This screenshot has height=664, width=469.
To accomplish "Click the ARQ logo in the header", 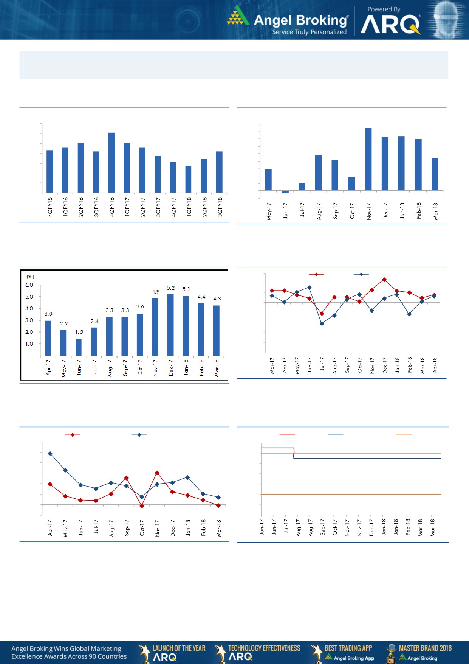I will tap(390, 25).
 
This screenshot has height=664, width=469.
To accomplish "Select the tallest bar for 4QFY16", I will tap(111, 163).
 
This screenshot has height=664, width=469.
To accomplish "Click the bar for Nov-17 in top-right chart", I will tap(368, 159).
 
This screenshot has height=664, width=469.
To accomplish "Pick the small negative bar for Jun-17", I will tap(285, 192).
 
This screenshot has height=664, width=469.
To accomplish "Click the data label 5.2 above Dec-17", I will tap(171, 288).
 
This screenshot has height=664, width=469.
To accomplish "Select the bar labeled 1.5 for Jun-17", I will tap(79, 347).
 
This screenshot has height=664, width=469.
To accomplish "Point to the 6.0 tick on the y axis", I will tap(29, 285).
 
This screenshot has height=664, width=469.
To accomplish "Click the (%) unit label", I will tap(30, 277).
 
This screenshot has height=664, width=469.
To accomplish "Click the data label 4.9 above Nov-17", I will tap(156, 292).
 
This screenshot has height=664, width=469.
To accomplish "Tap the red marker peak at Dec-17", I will tap(384, 280).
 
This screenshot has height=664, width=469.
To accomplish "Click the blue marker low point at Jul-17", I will tap(322, 323).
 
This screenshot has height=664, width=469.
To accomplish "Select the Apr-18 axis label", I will tap(435, 365).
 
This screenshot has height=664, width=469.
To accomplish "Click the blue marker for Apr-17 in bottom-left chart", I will tap(50, 453).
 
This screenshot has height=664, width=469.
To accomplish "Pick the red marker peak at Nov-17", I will tap(157, 473).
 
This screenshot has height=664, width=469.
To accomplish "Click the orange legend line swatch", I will tap(404, 435).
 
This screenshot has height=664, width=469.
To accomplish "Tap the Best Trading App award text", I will tap(348, 648).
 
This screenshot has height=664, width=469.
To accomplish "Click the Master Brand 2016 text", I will tap(425, 648).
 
